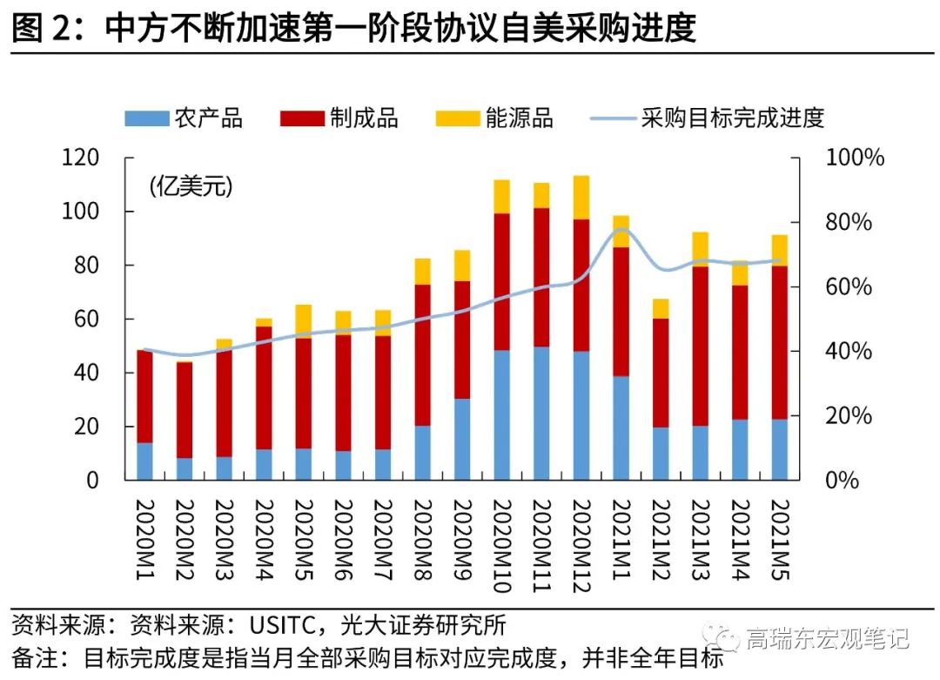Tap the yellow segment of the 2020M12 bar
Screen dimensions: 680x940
(x=581, y=197)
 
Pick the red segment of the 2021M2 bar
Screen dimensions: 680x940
(x=661, y=373)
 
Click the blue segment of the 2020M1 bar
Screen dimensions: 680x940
(x=144, y=461)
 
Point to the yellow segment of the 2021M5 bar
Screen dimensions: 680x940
(x=779, y=250)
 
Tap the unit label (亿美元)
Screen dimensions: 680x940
(x=191, y=185)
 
